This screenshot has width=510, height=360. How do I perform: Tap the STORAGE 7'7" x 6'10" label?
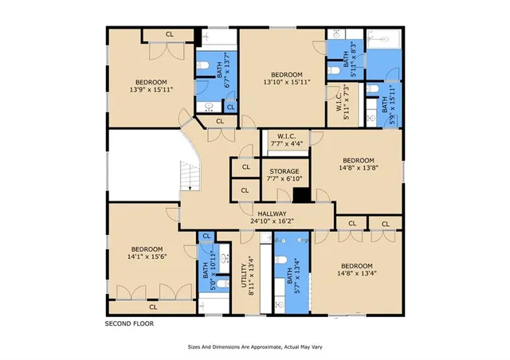click(284, 176)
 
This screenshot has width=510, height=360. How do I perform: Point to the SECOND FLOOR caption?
click(130, 324)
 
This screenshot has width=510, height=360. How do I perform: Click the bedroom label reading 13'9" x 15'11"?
click(151, 87)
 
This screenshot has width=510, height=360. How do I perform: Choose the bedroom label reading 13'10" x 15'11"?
click(286, 78)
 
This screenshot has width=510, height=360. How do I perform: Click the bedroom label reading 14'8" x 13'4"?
click(356, 271)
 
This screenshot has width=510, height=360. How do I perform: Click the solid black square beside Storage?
click(301, 194)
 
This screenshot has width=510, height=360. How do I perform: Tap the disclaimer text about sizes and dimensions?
click(254, 347)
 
